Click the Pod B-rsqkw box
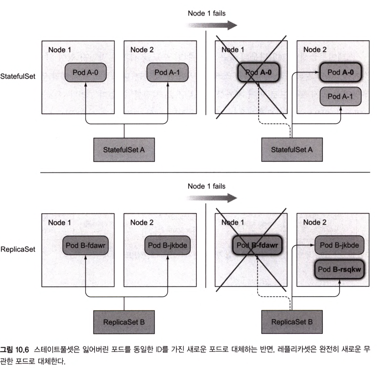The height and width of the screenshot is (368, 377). click(339, 270)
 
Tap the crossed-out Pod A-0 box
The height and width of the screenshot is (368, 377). click(258, 72)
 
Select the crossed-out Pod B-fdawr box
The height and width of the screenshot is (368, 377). click(257, 245)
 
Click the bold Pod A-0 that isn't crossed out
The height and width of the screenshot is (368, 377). click(341, 72)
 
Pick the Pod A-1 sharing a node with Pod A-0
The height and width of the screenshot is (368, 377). click(340, 96)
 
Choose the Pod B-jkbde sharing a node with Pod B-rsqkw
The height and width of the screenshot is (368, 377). click(339, 245)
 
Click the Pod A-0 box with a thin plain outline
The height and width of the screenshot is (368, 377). click(85, 72)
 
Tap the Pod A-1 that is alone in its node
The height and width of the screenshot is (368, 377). click(167, 72)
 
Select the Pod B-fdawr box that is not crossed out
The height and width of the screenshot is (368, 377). click(85, 245)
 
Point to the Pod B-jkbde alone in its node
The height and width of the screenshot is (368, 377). click(167, 245)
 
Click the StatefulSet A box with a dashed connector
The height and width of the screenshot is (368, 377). click(292, 150)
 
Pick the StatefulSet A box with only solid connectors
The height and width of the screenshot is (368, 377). click(124, 150)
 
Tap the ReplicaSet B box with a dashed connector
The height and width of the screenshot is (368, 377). click(292, 322)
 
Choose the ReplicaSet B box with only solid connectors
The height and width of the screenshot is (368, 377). click(124, 322)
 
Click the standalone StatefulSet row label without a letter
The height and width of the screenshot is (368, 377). click(18, 76)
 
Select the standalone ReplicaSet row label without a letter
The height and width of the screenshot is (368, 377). click(18, 249)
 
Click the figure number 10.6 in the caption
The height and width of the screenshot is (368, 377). click(22, 350)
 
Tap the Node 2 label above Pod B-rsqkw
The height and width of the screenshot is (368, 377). click(315, 222)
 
